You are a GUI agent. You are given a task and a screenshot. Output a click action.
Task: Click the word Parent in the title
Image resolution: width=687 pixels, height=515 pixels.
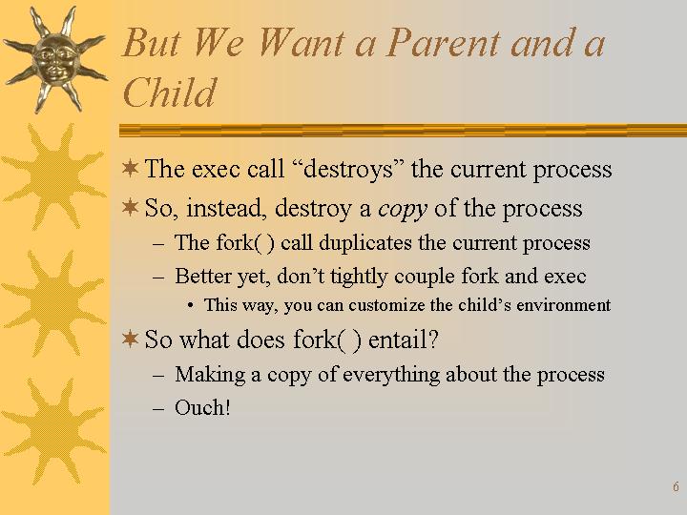(443, 43)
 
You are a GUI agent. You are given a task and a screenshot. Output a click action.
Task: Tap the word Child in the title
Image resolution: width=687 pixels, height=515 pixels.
(170, 93)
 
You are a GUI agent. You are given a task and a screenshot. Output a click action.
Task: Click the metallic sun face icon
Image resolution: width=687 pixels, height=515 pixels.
(55, 60)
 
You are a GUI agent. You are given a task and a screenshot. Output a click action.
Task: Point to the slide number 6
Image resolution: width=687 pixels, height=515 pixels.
(676, 486)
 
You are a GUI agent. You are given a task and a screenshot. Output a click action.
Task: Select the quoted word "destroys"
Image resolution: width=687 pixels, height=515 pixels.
(350, 169)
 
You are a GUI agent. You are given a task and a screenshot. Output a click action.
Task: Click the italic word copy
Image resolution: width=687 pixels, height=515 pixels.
(403, 209)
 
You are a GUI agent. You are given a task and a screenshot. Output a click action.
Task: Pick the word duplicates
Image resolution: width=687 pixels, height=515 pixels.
(364, 242)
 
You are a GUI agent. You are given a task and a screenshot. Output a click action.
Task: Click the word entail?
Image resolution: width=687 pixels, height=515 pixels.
(403, 340)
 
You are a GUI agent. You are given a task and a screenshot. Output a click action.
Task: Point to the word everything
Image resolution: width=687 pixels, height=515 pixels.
(391, 375)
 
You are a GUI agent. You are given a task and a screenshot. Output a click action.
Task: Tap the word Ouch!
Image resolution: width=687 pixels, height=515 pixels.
(202, 408)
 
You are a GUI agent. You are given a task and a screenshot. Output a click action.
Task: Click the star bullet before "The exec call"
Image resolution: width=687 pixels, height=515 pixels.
(130, 168)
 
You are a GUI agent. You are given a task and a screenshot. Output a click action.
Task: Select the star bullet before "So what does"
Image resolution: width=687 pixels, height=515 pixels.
(130, 339)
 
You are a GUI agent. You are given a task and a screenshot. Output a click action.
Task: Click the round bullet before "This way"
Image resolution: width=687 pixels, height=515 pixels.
(190, 305)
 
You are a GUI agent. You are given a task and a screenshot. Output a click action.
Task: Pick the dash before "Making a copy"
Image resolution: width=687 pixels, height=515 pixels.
(158, 376)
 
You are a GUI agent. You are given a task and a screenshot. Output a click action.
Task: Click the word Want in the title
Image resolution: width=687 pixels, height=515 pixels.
(301, 43)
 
